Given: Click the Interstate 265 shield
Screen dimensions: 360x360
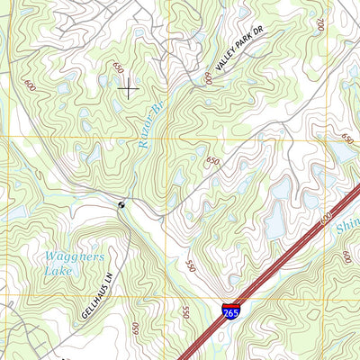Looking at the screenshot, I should [232, 310].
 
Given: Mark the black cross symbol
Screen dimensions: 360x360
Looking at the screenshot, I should [128, 87].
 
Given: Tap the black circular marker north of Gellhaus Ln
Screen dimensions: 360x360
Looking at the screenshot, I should [122, 205].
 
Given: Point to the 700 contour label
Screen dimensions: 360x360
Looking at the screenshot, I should [320, 24].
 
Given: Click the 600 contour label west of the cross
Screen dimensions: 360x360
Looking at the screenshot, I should [31, 85].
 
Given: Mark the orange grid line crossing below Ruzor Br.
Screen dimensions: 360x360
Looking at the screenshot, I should [162, 139].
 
